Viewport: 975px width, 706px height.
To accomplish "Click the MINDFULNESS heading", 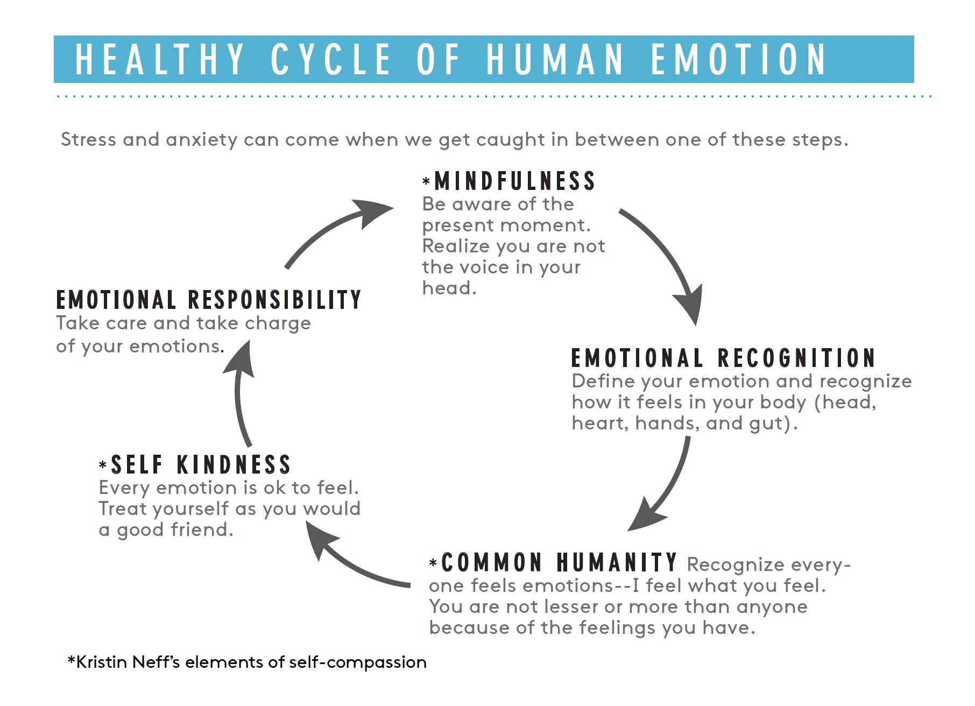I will (x=514, y=181).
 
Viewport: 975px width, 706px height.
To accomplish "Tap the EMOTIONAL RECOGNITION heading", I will (x=723, y=358).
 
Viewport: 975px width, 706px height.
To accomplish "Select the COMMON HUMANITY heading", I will (x=559, y=563).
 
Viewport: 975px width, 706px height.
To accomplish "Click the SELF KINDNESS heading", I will (x=201, y=465).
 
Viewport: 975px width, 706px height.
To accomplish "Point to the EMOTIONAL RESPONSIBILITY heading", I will (x=209, y=300).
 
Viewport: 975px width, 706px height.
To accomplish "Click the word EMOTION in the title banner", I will (x=739, y=59).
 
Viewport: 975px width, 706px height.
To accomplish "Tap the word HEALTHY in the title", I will (x=160, y=59).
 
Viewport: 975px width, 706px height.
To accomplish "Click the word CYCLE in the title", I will (x=330, y=59).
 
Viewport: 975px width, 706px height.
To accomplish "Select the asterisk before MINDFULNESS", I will (x=426, y=181).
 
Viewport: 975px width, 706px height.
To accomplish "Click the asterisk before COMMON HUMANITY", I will (x=433, y=563).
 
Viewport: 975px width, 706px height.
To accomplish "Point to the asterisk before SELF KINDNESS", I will (x=103, y=464).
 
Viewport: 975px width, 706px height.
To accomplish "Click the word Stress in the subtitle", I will (x=89, y=139).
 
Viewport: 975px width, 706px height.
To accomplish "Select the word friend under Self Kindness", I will (x=202, y=530).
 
